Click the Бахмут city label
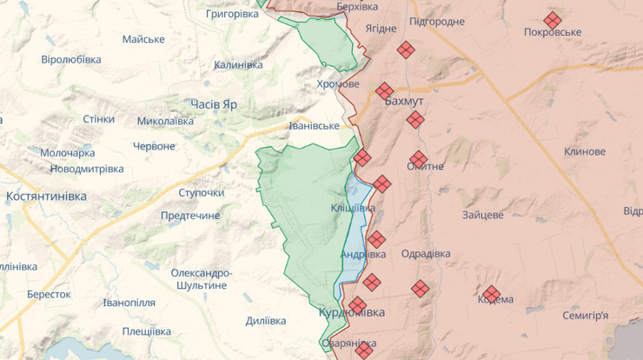403,101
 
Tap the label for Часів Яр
214,103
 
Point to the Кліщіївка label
353,209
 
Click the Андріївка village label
362,254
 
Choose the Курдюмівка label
352,311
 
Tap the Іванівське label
314,126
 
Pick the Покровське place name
553,32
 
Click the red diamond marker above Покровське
553,19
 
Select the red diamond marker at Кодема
492,294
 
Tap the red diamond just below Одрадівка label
421,288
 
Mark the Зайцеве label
483,214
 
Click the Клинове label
584,151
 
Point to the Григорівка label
232,15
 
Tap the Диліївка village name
266,321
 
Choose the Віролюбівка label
71,59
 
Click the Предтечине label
190,215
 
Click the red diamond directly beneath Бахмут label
415,119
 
